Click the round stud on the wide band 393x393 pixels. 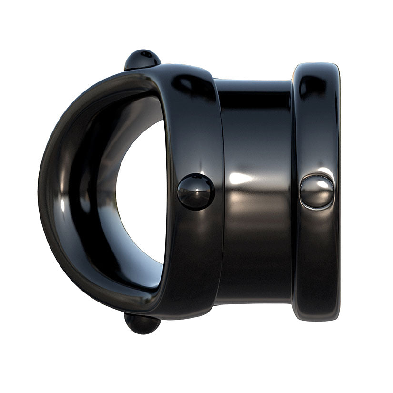click(x=196, y=191)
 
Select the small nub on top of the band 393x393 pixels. click(x=142, y=59)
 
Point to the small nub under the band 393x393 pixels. click(x=142, y=324)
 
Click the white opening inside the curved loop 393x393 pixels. click(x=143, y=191)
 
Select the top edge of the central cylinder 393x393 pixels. click(x=252, y=82)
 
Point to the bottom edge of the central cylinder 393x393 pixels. click(x=252, y=302)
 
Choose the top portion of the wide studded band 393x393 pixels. click(x=191, y=95)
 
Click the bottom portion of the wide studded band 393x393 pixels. click(x=191, y=286)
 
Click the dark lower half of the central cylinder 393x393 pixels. click(x=252, y=257)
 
